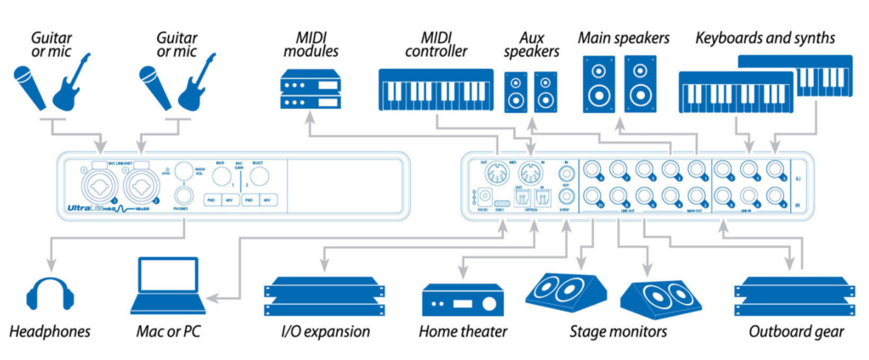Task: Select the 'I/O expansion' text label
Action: (317, 331)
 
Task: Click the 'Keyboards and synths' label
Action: (765, 38)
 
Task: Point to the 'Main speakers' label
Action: (624, 38)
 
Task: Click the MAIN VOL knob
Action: (182, 169)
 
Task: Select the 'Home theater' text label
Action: (463, 331)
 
